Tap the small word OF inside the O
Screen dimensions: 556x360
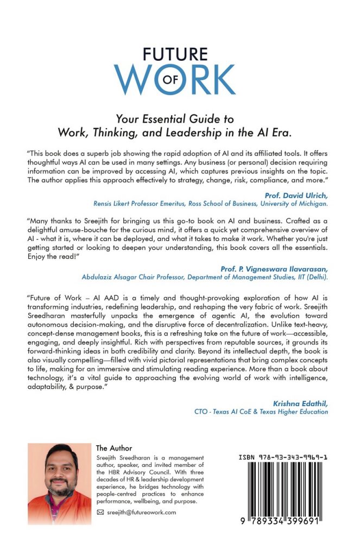174,79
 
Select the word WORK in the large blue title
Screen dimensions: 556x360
175,79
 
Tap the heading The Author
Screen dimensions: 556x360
114,448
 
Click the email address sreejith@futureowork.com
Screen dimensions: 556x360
141,512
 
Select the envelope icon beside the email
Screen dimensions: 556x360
100,512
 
